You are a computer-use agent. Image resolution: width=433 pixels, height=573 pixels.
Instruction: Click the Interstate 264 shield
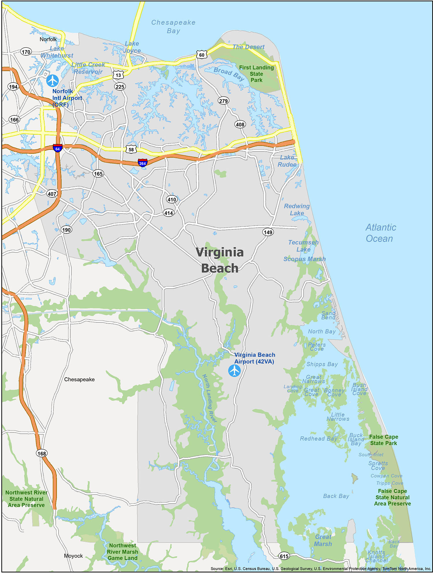point(143,163)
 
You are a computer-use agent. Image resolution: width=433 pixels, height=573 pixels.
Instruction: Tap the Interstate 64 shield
point(57,148)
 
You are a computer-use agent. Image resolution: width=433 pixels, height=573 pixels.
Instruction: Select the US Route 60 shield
point(201,55)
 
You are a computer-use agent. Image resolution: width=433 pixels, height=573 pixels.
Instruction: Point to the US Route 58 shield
point(131,149)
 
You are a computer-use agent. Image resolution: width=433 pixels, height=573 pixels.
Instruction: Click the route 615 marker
point(284,556)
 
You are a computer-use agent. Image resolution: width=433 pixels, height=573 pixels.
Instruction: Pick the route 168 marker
point(42,453)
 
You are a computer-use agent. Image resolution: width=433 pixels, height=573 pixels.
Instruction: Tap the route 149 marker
point(268,232)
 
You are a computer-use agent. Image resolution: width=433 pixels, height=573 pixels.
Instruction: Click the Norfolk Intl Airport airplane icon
point(53,80)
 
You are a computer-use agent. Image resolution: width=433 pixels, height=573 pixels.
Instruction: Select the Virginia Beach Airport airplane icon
point(234,370)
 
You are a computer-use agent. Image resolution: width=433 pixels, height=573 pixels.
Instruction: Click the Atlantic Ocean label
point(380,233)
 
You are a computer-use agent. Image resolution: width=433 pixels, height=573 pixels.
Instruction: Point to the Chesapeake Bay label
point(173,27)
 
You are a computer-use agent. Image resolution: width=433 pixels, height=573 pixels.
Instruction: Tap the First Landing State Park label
point(256,74)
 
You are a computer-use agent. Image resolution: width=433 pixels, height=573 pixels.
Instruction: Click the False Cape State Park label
point(383,440)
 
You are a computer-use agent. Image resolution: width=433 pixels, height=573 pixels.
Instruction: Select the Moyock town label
point(73,556)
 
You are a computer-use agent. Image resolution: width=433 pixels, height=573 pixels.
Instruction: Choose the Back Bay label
point(336,496)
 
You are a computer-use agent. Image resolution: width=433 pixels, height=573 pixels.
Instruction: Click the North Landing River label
point(209,398)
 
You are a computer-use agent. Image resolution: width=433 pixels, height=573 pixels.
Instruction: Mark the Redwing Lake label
point(297,209)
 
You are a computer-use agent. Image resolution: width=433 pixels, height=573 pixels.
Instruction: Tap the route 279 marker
point(223,101)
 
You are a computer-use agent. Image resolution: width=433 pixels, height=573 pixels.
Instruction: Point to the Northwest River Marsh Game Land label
point(122,552)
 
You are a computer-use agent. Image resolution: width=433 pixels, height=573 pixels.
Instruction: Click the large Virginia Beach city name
point(220,260)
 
